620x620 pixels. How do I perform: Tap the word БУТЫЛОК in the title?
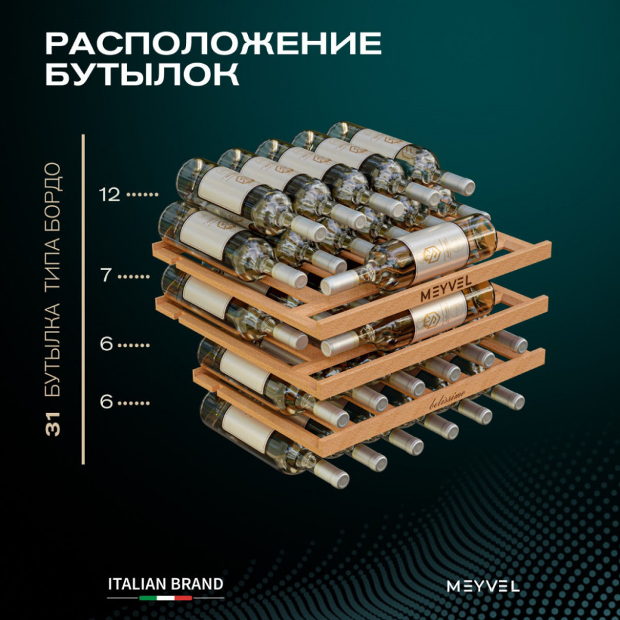(143, 74)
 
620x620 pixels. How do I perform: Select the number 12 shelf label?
(109, 194)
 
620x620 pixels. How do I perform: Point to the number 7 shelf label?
(106, 275)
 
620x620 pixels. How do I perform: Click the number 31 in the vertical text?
(52, 424)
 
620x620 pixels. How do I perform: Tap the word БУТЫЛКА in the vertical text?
(52, 350)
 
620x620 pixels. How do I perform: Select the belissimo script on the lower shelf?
(447, 399)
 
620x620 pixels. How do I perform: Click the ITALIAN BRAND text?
(166, 584)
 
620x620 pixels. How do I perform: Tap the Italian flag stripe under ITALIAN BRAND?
(166, 598)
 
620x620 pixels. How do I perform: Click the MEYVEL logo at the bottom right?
(483, 586)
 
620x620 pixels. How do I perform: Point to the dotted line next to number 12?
(144, 194)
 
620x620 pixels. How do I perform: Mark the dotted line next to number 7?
(134, 276)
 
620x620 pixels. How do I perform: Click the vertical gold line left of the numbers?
(83, 299)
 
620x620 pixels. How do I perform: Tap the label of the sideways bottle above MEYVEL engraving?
(434, 252)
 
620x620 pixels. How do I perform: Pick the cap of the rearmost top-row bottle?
(458, 183)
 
